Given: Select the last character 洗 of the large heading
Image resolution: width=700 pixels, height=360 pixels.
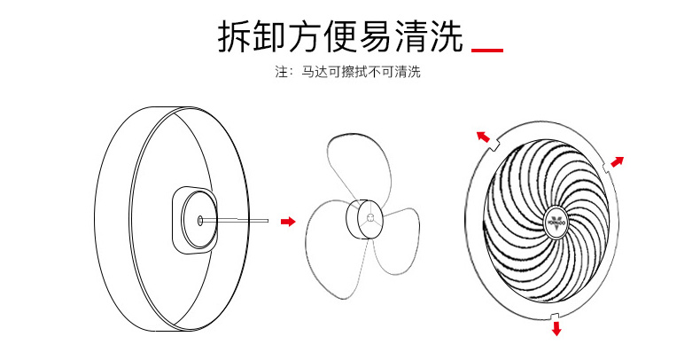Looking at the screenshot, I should (445, 37).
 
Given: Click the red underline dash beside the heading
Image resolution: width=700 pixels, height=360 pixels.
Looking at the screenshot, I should (486, 50).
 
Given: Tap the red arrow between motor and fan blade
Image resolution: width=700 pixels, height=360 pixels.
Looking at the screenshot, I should (287, 221).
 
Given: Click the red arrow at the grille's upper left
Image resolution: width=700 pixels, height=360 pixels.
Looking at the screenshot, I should (483, 137).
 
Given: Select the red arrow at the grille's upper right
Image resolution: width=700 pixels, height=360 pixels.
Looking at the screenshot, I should (618, 162).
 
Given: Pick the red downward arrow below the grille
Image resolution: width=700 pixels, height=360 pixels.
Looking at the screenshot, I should (556, 328).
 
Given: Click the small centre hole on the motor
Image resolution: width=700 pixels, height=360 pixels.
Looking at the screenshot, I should (201, 217).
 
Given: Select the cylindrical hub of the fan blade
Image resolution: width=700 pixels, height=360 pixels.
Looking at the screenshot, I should (362, 217).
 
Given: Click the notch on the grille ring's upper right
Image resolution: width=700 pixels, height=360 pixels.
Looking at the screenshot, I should (605, 166).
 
